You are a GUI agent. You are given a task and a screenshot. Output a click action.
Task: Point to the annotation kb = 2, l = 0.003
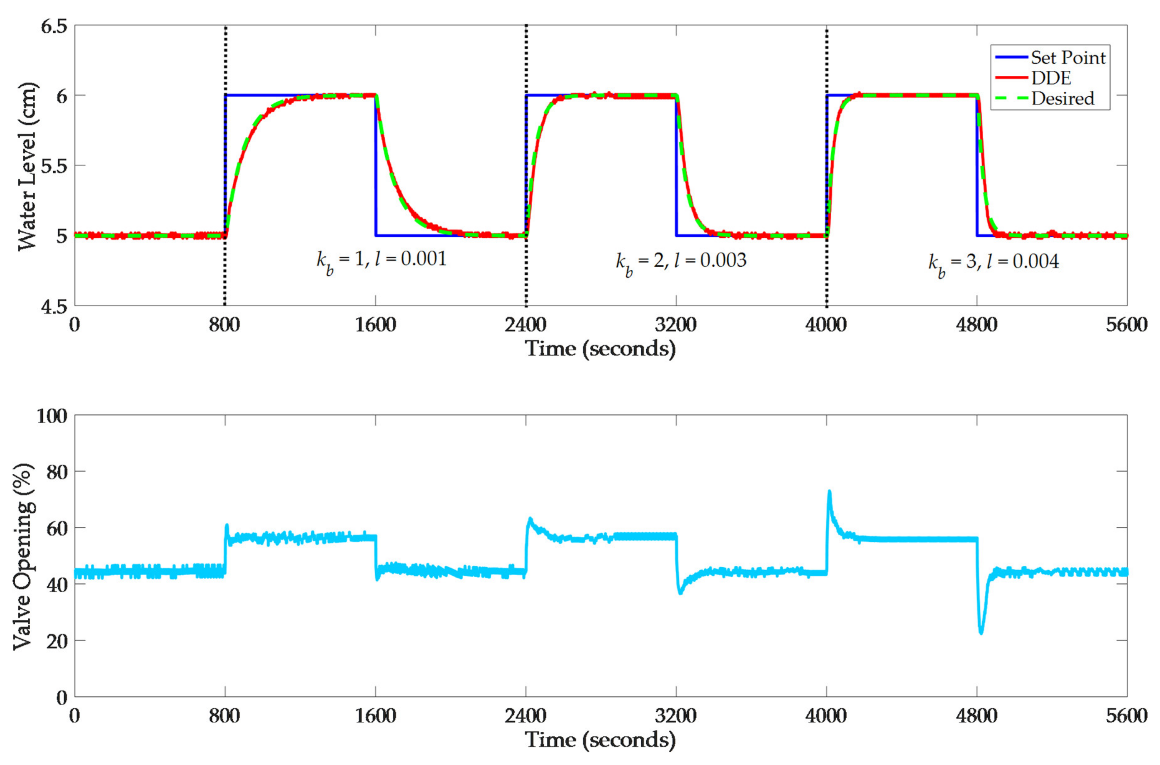click(681, 261)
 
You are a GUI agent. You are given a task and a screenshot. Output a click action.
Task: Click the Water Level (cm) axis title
click(27, 166)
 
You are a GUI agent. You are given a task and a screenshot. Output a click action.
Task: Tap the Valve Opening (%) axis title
click(23, 556)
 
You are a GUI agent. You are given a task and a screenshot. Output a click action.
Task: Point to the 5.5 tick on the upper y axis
click(54, 166)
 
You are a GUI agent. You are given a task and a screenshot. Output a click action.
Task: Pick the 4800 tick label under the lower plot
click(976, 716)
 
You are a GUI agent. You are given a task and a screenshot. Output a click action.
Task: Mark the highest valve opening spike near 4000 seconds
click(829, 492)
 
